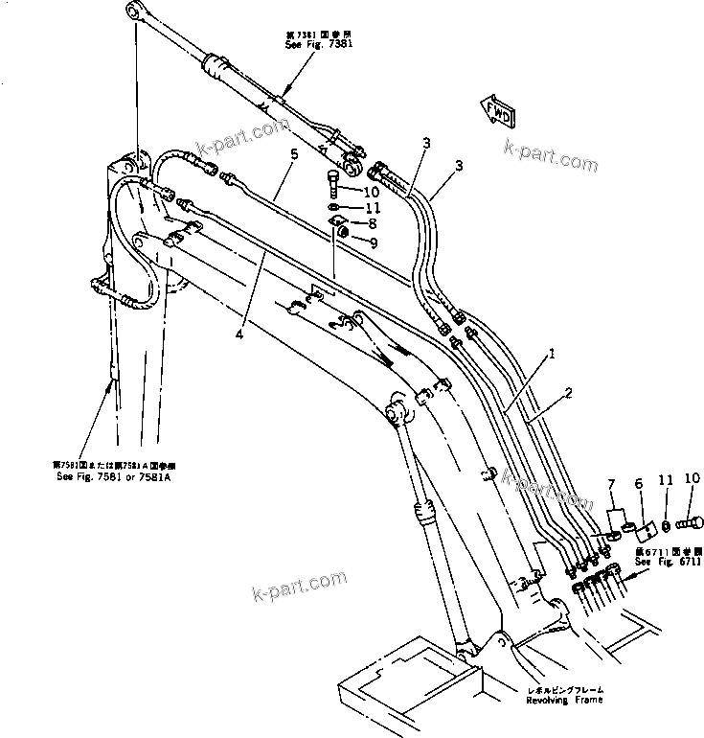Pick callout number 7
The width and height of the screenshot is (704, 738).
(x=611, y=488)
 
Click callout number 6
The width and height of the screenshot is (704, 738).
(x=639, y=486)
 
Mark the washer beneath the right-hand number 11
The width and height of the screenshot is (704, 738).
(x=665, y=525)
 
